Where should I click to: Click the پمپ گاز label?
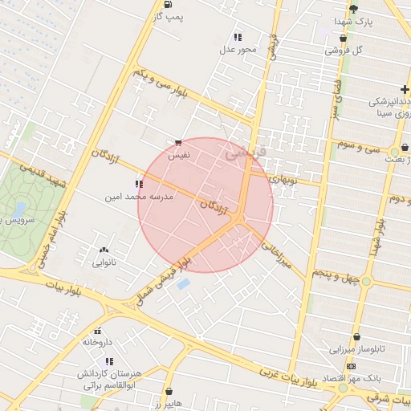pos(169,16)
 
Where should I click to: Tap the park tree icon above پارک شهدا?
pos(353,9)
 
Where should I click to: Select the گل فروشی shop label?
pos(344,50)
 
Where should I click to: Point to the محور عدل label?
pos(238,50)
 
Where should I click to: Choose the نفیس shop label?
pos(177,158)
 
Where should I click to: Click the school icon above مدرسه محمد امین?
pos(140,184)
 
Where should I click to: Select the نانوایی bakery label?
pos(104,262)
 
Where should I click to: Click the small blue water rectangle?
pos(184,284)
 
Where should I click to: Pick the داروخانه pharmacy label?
pos(97,342)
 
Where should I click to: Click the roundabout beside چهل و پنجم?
pos(366,281)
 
